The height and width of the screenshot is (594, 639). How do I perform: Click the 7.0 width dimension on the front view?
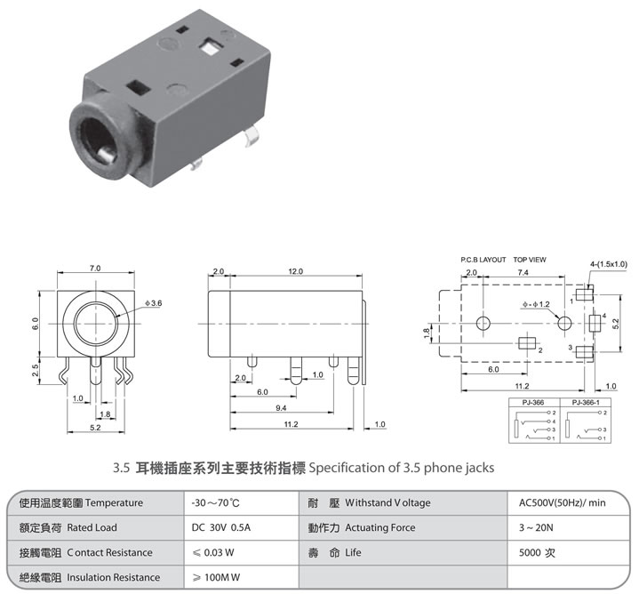(x=95, y=269)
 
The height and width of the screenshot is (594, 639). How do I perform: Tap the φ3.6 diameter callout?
(x=153, y=303)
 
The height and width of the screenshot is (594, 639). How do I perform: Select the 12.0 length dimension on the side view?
(x=295, y=271)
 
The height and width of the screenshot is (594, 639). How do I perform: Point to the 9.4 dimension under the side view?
(x=281, y=407)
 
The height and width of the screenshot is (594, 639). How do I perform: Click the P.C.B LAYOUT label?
(x=483, y=260)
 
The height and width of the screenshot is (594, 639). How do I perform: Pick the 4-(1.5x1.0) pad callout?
(x=609, y=264)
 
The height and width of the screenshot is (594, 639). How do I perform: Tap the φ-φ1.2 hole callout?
(x=536, y=304)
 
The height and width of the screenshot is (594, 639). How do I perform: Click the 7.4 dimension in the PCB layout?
(x=523, y=272)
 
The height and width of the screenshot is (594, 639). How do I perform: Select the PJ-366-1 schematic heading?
(x=586, y=403)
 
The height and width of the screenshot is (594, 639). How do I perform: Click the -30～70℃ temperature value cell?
(x=216, y=502)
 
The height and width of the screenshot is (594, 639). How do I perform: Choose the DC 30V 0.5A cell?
(x=221, y=527)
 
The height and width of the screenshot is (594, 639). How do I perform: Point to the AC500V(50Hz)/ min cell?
(x=562, y=502)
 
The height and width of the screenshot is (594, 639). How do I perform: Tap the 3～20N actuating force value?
(x=536, y=527)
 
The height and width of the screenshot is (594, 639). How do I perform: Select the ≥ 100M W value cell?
(x=216, y=577)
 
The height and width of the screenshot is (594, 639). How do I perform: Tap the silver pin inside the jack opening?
(x=107, y=155)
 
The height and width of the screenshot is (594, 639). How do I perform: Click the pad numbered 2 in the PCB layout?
(x=526, y=343)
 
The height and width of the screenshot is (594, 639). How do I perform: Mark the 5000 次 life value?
(x=537, y=552)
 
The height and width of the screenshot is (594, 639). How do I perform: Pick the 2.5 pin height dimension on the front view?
(x=36, y=370)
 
